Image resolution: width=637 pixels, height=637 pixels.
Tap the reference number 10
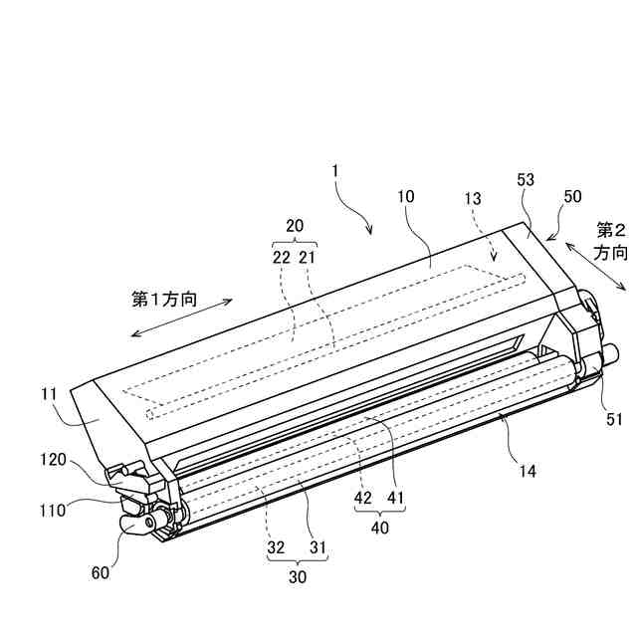[x=406, y=197]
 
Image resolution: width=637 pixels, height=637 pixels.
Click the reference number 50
[x=572, y=196]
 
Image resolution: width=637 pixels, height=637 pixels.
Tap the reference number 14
[x=527, y=471]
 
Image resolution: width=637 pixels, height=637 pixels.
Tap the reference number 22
[x=282, y=257]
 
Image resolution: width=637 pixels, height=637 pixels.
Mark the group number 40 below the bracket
[x=380, y=529]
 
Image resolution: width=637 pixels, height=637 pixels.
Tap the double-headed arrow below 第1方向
[x=181, y=318]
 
